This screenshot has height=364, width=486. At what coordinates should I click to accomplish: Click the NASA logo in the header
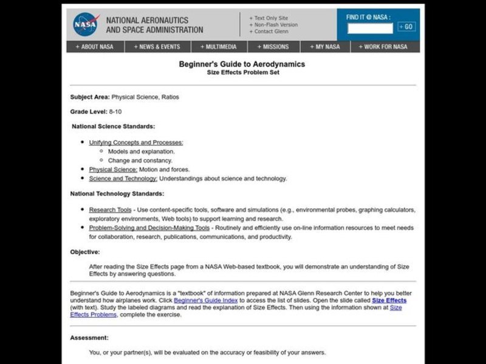[86, 24]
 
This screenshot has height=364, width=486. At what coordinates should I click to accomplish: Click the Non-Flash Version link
[275, 24]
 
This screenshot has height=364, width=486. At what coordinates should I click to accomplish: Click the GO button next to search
[406, 27]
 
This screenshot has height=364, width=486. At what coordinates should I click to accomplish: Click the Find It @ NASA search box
[370, 27]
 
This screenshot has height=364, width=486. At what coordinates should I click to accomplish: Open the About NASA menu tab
[94, 47]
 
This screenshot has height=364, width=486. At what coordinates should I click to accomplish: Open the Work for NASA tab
[383, 47]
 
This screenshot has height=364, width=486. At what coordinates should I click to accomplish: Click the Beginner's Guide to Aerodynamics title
[242, 64]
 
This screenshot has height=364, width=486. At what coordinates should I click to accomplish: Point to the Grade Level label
[88, 112]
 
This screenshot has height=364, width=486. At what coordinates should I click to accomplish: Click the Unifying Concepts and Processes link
[135, 142]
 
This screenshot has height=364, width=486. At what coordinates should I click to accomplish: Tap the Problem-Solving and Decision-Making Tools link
[149, 227]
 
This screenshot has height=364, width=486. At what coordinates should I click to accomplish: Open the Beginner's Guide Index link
[205, 300]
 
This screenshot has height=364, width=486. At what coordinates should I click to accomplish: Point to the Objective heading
[85, 252]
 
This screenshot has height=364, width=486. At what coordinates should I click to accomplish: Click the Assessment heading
[89, 337]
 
